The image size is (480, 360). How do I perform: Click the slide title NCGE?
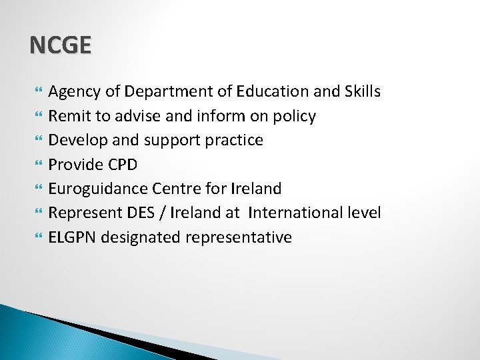click(x=60, y=45)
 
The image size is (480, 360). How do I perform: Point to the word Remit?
click(x=70, y=116)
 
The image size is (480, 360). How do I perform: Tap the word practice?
click(x=231, y=141)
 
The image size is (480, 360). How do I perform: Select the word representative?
click(x=240, y=237)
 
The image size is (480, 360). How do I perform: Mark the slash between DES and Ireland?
click(x=166, y=213)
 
